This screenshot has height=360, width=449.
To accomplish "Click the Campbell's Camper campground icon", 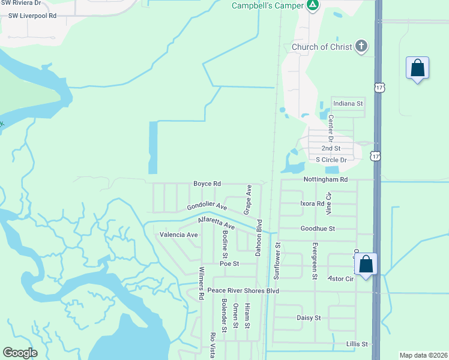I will tap(312, 5).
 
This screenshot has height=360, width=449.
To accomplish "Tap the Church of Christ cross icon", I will tap(361, 47).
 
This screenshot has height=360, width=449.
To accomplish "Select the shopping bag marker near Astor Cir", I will tap(366, 264).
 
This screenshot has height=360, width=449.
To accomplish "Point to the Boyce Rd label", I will tap(207, 184).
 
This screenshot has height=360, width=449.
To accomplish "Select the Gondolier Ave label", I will tap(206, 206).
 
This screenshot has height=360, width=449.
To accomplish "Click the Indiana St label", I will tap(349, 104).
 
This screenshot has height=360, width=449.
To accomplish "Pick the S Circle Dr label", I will tap(331, 160).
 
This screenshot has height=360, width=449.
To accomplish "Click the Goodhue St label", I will tap(318, 229).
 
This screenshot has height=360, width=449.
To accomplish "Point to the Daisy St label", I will tap(309, 317).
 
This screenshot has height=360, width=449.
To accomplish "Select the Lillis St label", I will tap(357, 344).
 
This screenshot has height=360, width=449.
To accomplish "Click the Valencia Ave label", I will tap(178, 235).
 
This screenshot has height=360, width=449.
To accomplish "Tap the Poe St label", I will tap(229, 263).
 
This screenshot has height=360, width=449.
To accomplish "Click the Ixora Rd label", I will tap(312, 203).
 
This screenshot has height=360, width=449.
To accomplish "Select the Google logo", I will tap(20, 353).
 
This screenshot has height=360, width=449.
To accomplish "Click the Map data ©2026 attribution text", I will tap(423, 355).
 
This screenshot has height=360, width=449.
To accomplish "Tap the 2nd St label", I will tap(331, 148).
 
